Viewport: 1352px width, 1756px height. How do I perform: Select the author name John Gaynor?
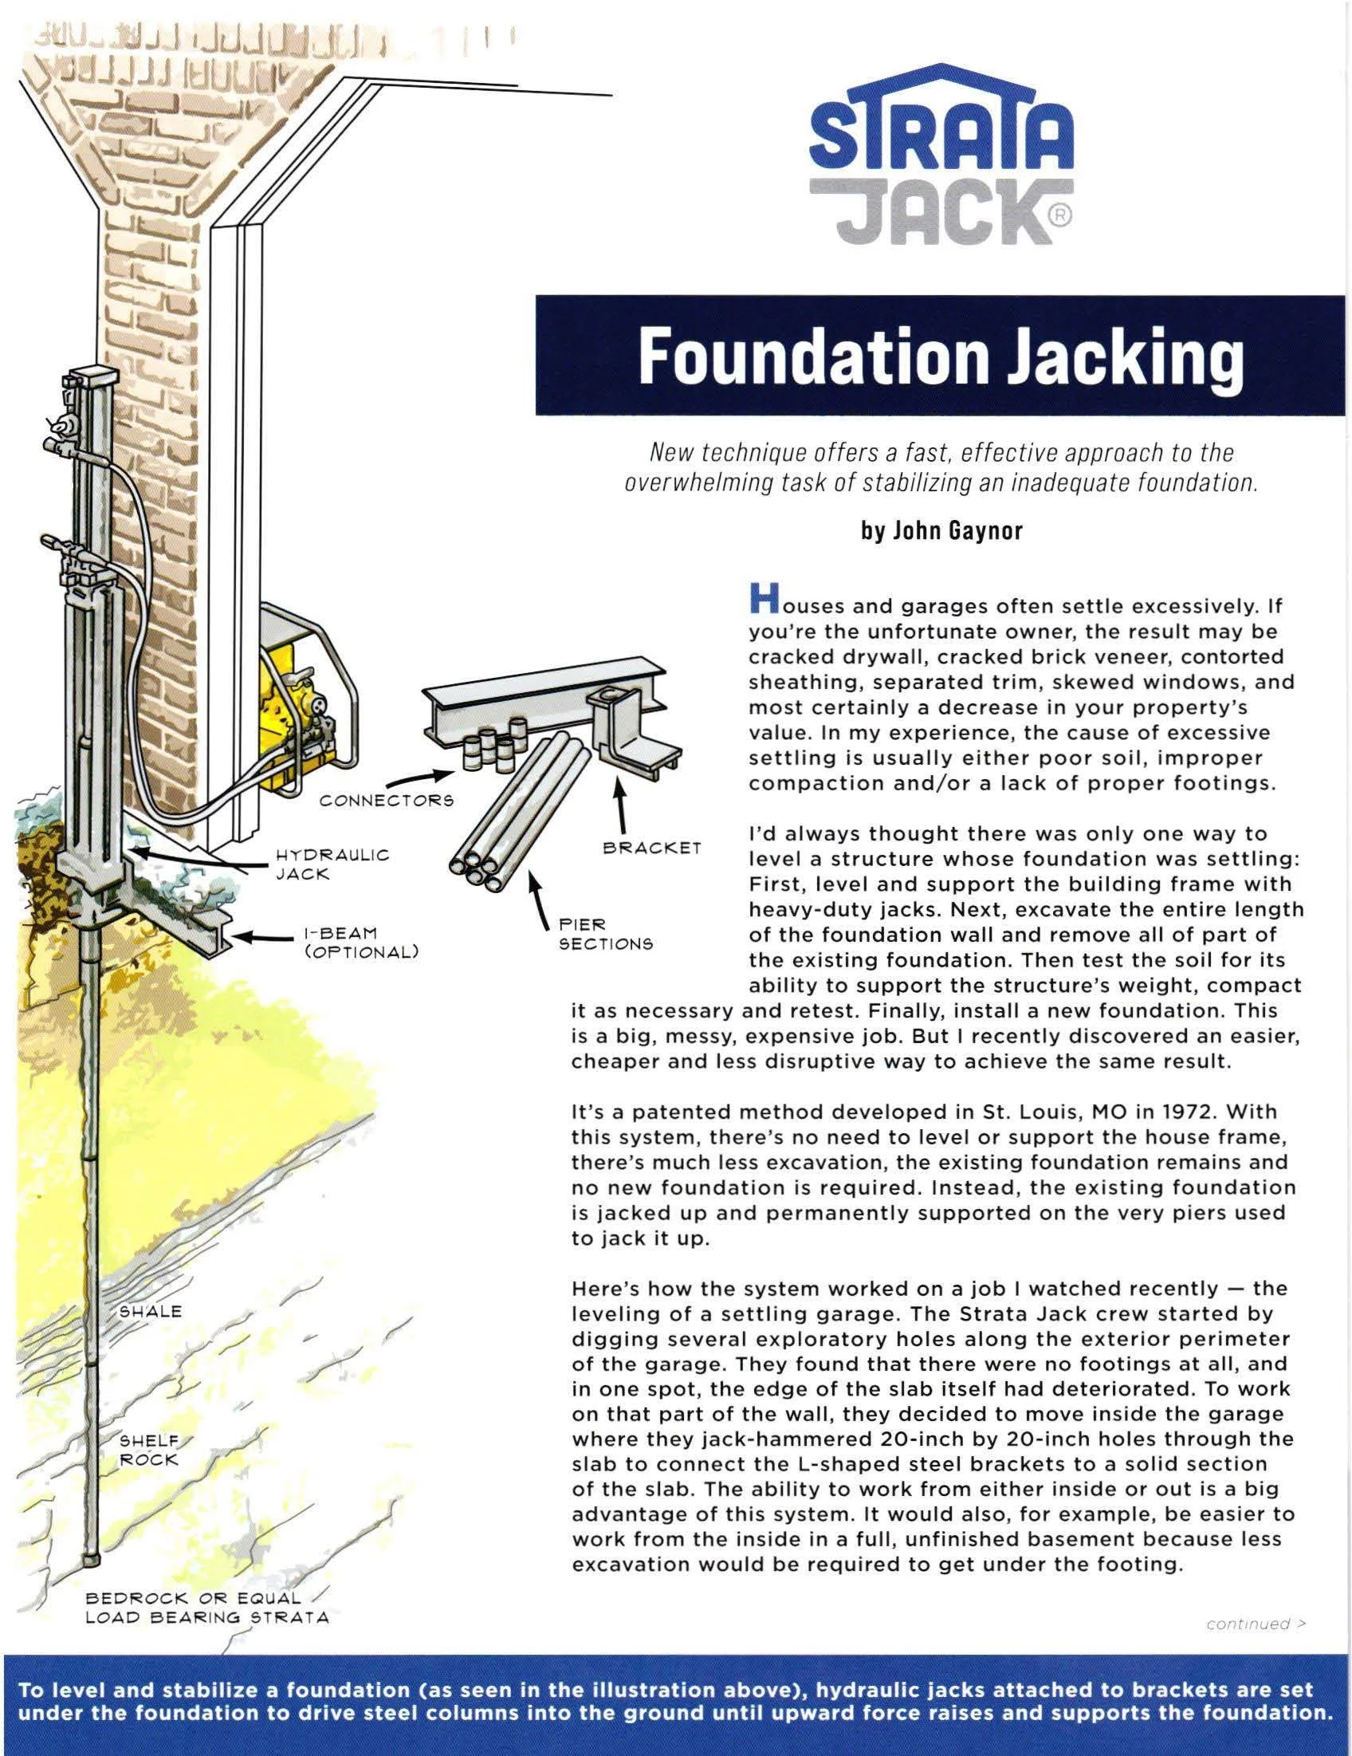(x=941, y=531)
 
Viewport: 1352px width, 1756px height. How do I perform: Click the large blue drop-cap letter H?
(x=764, y=596)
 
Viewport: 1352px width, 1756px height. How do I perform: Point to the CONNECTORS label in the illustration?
(x=386, y=801)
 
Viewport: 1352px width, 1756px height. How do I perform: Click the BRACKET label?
(x=652, y=848)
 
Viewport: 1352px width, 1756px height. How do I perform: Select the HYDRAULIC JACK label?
(x=331, y=864)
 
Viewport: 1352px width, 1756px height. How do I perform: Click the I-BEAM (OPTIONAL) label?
(x=360, y=943)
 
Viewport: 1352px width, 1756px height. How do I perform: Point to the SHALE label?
(x=151, y=1311)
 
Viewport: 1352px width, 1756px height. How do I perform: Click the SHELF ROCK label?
(x=150, y=1449)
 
